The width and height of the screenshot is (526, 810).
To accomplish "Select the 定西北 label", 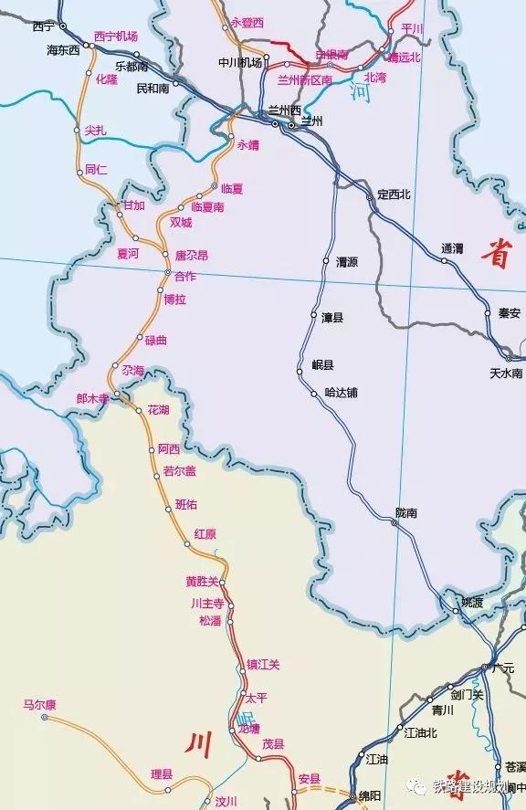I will coord(394,194).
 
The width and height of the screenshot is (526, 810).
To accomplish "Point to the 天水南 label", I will coord(506,373).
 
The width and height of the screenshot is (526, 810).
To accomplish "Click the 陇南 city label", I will coord(406,513).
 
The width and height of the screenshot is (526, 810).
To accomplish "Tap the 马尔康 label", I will coord(40,704).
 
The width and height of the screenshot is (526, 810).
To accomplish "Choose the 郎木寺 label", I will coord(92,398).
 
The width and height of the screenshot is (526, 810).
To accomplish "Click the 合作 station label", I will coord(184,276).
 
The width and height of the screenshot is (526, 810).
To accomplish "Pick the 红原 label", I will coord(205,534).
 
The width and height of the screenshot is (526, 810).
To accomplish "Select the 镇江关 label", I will coord(263,664).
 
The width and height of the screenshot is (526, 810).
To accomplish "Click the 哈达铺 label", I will coord(342,393).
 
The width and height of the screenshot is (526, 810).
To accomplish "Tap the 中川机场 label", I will coord(240,62).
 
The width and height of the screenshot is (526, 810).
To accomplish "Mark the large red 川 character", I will coord(198,744).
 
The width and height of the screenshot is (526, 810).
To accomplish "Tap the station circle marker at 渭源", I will coord(326,261).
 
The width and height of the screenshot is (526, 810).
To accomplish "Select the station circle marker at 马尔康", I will coord(44,717).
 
